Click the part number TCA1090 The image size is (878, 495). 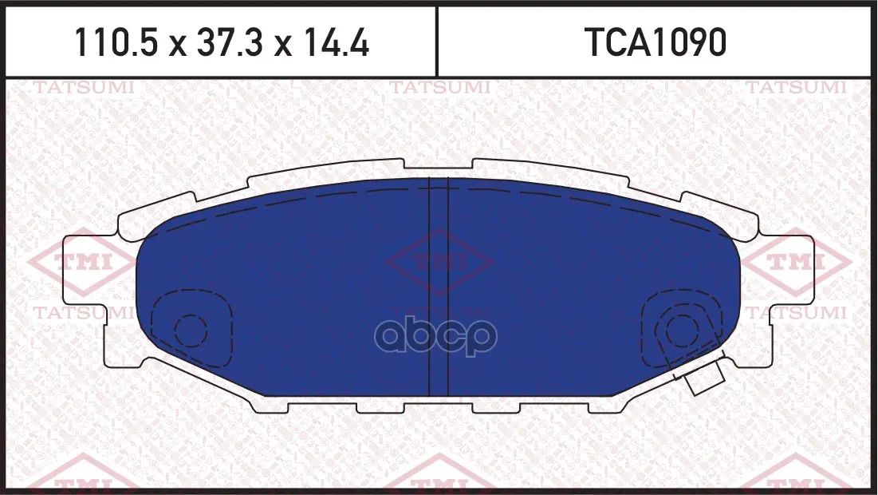point(656,42)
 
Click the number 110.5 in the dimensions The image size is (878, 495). point(116,42)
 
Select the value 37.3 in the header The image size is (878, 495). point(229,42)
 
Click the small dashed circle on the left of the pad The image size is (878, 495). point(191,331)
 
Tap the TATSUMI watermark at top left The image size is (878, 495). point(84,88)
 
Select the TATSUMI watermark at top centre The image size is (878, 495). point(439,88)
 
